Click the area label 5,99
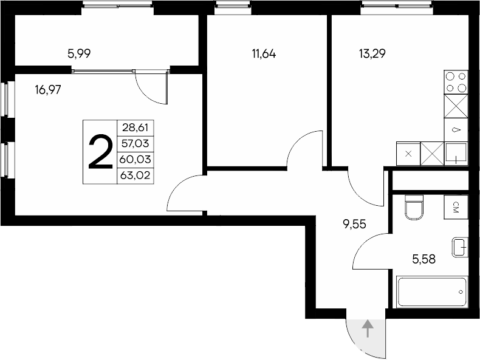tap(80, 53)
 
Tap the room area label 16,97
tap(48, 90)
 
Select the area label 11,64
tap(264, 53)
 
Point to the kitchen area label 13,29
tap(372, 53)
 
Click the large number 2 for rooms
tap(100, 152)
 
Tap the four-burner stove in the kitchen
tap(457, 82)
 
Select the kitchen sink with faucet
tap(456, 154)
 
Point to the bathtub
tap(432, 293)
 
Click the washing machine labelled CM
tap(456, 207)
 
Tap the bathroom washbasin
tap(459, 246)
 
